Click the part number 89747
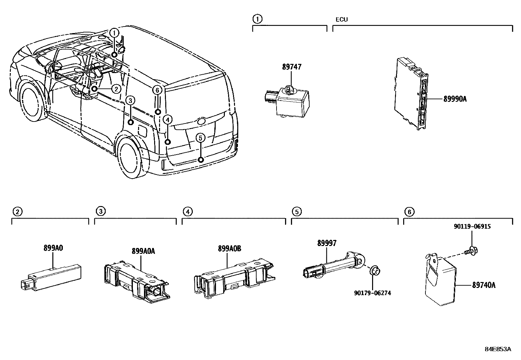[292, 67]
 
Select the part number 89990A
[455, 99]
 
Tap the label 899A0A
[143, 251]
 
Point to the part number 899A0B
[229, 249]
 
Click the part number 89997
[326, 243]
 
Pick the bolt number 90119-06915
[472, 226]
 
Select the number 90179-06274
[372, 293]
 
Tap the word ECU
[341, 19]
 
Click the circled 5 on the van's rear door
[200, 138]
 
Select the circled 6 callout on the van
[157, 90]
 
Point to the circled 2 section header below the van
[17, 212]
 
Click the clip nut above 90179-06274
[374, 272]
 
